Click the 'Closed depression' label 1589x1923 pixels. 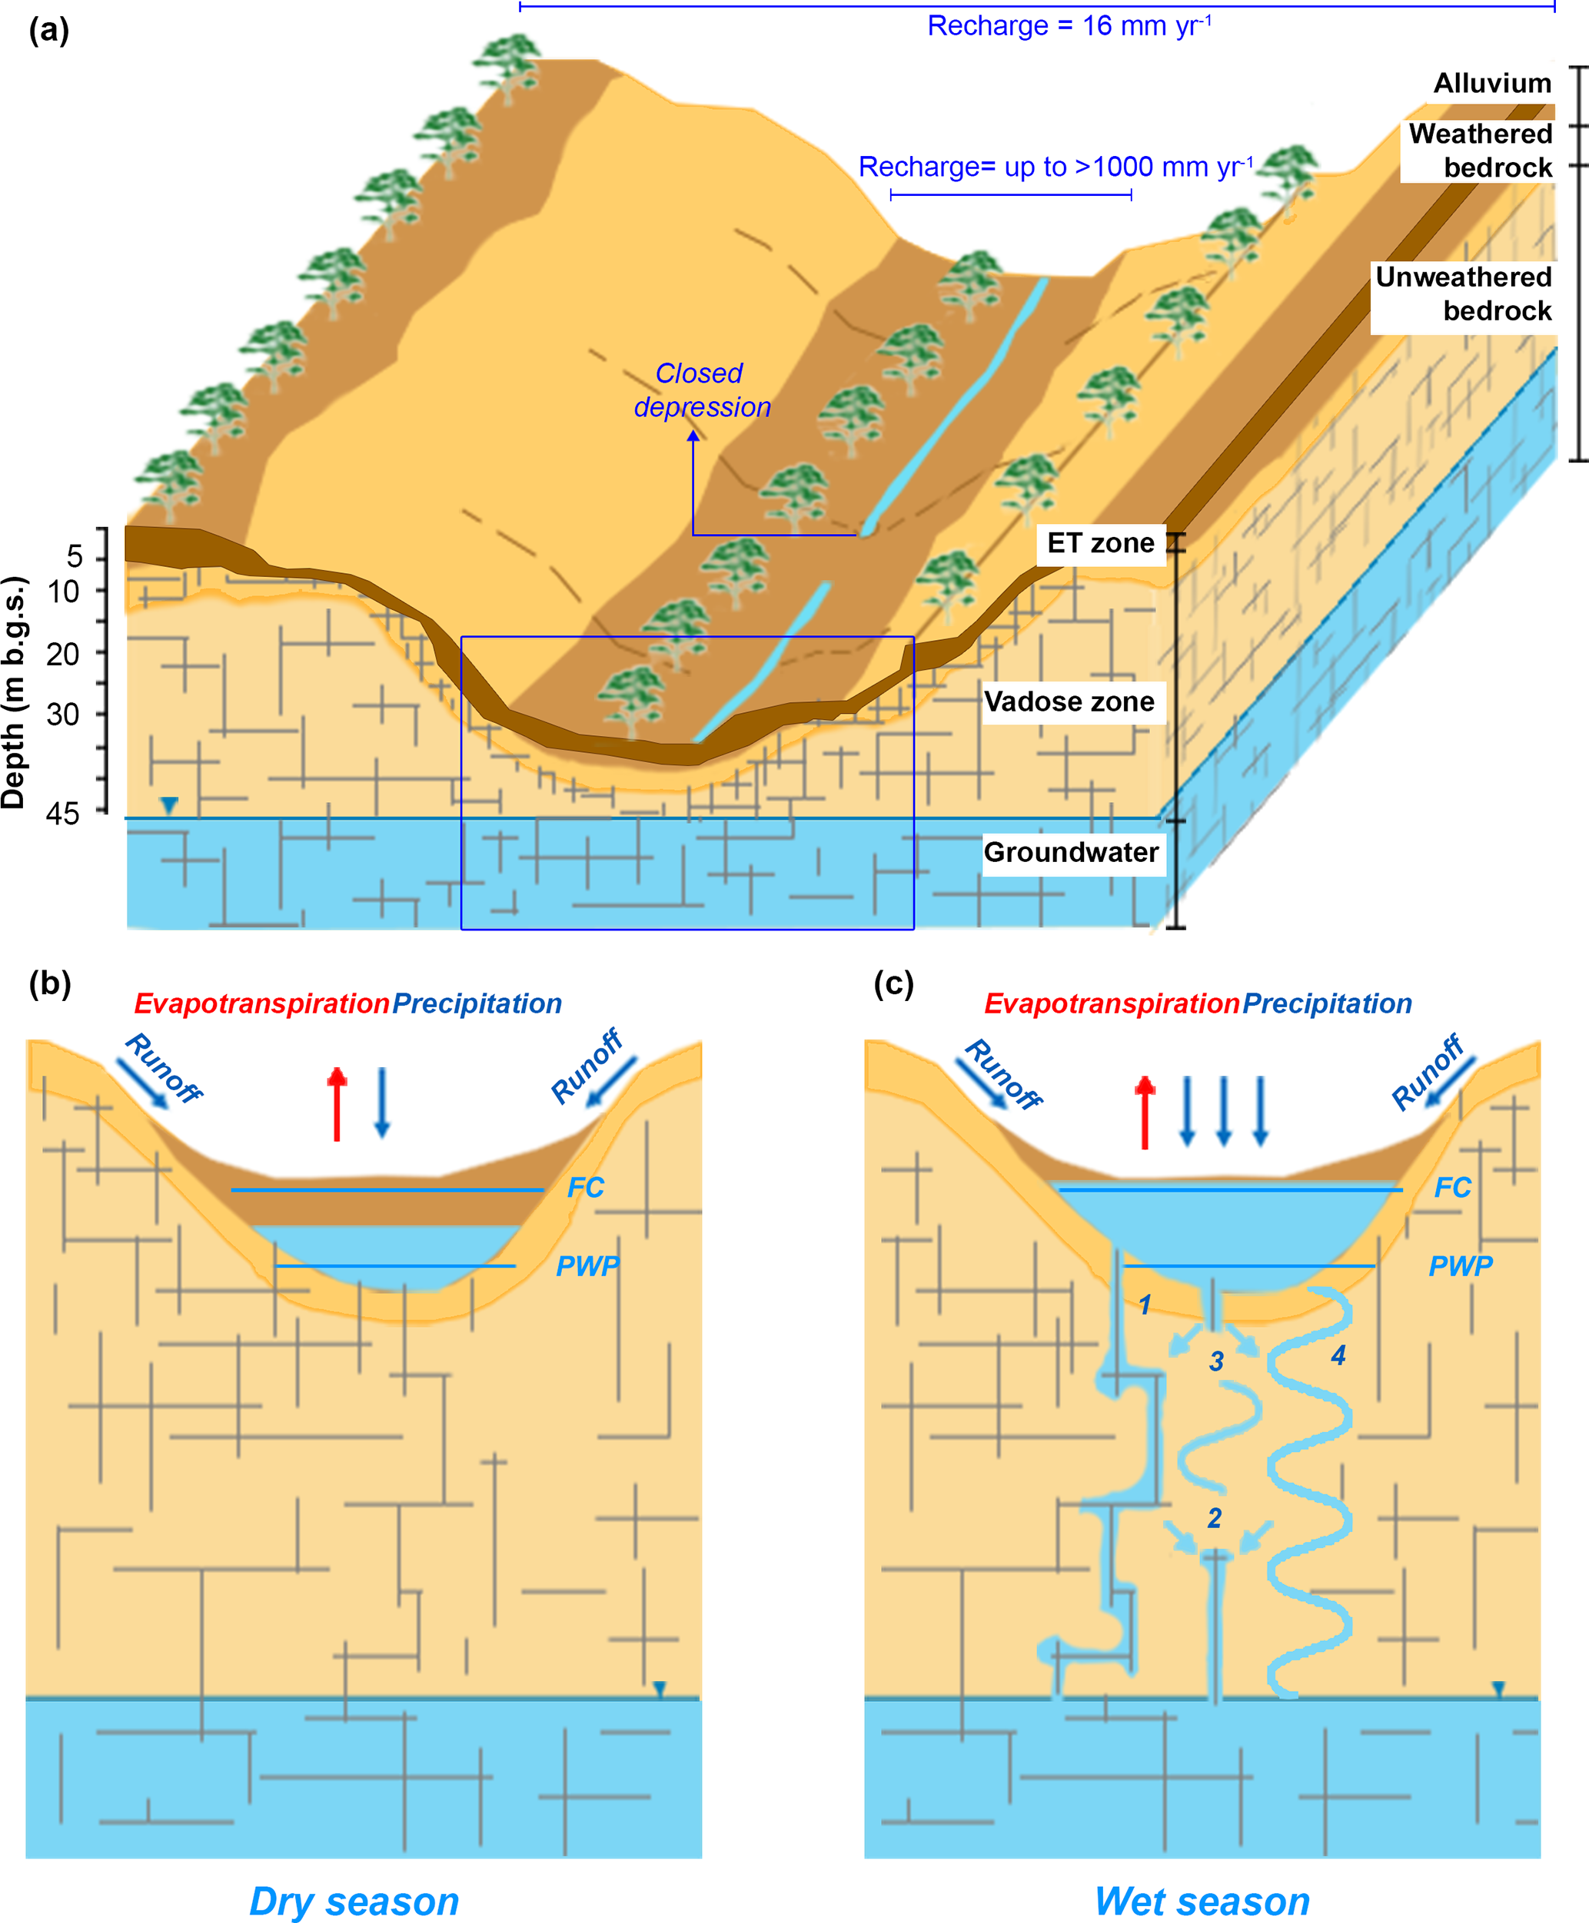(701, 390)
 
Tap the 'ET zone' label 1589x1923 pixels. (1100, 543)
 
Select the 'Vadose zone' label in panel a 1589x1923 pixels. (1069, 701)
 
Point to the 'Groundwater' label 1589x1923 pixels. (1071, 853)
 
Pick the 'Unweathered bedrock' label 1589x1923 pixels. (1464, 293)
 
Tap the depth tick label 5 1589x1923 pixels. (75, 555)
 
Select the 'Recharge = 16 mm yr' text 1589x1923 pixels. (1069, 25)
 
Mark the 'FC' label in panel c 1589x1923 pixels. (1451, 1188)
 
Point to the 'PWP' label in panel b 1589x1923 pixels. (587, 1266)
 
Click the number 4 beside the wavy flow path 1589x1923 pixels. (1338, 1356)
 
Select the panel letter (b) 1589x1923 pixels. (49, 983)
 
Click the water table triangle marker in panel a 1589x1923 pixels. (169, 805)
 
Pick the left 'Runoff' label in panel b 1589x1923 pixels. (162, 1069)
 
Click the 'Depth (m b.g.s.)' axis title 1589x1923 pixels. (15, 692)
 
